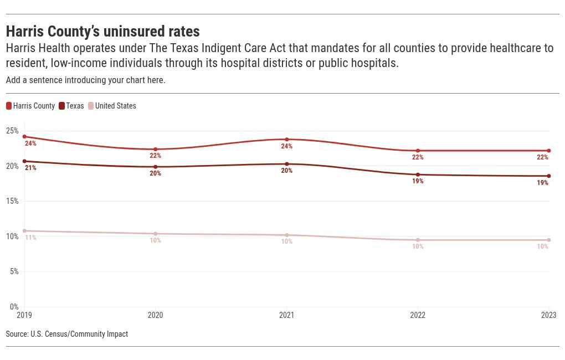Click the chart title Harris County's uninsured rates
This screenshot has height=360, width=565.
(102, 31)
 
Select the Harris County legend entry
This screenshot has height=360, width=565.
(30, 106)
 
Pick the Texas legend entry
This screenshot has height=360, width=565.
(71, 106)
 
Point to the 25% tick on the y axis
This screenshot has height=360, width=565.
(12, 131)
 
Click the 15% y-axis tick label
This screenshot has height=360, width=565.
(12, 201)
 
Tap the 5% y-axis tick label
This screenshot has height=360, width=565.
(14, 271)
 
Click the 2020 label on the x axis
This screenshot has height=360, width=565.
(156, 316)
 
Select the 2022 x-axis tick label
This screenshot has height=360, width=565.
(418, 316)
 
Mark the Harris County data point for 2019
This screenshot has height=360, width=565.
(24, 136)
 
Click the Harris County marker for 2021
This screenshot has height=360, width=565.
(286, 140)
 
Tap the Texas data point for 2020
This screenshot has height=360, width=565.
(156, 167)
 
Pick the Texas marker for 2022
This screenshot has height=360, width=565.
(418, 174)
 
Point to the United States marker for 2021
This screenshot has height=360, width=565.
(286, 235)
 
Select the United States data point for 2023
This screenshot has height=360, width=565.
(548, 240)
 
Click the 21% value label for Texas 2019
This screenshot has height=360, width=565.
(30, 168)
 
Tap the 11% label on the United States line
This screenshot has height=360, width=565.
(30, 238)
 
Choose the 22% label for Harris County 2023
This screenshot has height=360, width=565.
(542, 157)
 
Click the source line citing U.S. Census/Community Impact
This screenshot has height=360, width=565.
(66, 334)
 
